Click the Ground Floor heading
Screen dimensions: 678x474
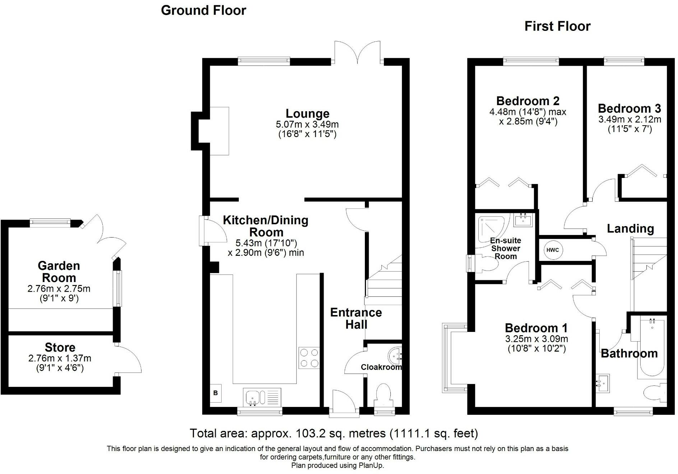click(x=203, y=10)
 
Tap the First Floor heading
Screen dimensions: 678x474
click(x=557, y=26)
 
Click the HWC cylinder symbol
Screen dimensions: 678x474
click(x=553, y=250)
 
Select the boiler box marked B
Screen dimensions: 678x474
click(x=215, y=393)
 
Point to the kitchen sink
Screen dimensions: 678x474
click(x=262, y=398)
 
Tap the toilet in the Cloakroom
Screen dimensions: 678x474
click(x=384, y=395)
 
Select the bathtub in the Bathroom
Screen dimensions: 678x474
click(x=651, y=348)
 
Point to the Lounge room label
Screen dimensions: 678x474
click(x=307, y=113)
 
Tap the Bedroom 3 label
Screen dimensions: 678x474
click(x=629, y=108)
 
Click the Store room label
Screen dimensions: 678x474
click(x=60, y=347)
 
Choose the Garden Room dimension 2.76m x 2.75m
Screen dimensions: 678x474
click(x=59, y=288)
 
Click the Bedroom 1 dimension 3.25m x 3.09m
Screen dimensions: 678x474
click(x=537, y=339)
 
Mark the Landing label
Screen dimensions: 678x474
click(x=630, y=229)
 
